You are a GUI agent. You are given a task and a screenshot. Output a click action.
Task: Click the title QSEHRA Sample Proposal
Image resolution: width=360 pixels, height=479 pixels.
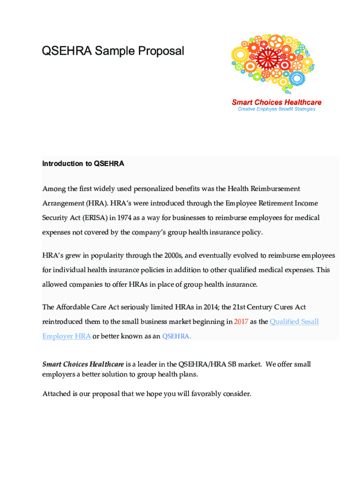coord(113,51)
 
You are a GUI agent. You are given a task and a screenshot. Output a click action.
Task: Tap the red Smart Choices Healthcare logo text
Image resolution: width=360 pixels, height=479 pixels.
coord(276,102)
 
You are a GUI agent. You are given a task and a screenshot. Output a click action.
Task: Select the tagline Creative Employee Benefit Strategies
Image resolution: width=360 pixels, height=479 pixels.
coord(276,109)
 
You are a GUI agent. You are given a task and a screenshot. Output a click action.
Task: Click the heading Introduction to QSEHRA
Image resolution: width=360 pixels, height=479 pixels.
coord(83,164)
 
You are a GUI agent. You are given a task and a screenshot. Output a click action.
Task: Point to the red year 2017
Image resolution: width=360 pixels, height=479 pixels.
coord(241,322)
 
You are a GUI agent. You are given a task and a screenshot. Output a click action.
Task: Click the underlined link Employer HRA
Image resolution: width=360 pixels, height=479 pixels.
coord(66,336)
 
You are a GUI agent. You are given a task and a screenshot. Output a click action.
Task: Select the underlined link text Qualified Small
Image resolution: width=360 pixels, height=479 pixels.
coord(294,322)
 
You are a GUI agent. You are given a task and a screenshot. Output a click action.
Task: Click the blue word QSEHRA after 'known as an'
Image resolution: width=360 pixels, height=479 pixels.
coord(176,336)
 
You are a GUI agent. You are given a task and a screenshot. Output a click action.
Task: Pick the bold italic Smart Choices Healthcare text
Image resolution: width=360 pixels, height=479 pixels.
coord(83,364)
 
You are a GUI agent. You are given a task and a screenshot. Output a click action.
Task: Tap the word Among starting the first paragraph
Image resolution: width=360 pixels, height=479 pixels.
coord(53,189)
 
